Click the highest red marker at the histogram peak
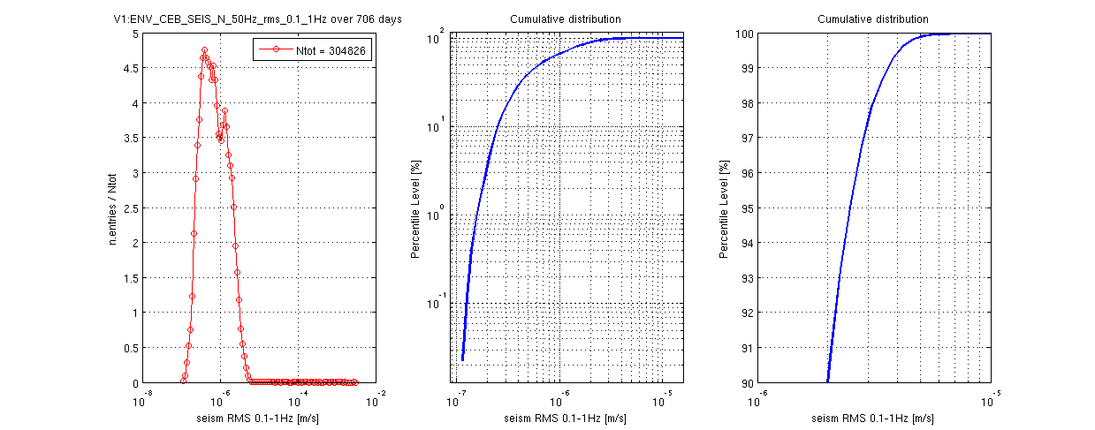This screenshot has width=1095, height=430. coord(204,50)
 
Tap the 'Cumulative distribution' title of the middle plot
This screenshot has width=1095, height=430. coord(566,19)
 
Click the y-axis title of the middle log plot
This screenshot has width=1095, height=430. coord(415,208)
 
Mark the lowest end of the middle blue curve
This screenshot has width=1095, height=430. coord(462,359)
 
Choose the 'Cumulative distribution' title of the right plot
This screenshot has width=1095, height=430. coord(872,19)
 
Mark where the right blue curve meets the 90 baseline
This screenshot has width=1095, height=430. coord(827,381)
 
